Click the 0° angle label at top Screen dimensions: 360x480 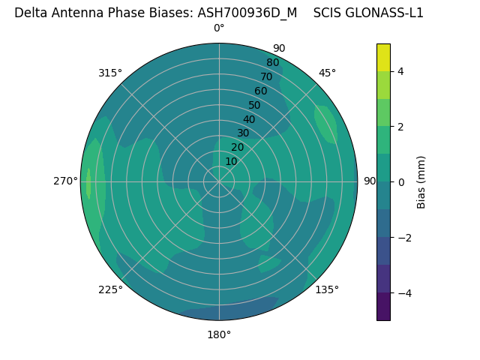[219, 28]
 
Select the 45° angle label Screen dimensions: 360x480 [327, 73]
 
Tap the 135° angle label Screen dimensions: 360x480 [327, 289]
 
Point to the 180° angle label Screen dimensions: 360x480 [219, 334]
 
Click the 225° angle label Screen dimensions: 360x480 [110, 289]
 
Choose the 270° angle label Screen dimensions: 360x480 [66, 181]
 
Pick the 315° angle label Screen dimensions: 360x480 [110, 73]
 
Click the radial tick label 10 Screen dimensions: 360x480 [231, 161]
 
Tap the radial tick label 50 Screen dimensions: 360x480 [254, 105]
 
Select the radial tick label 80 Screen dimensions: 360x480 [272, 62]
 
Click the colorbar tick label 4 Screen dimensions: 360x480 [400, 71]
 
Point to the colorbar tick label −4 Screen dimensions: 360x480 [403, 292]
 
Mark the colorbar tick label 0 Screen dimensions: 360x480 [400, 181]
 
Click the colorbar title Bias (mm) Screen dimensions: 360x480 [421, 181]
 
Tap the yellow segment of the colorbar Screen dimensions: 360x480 [383, 58]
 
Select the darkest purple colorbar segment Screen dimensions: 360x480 [383, 306]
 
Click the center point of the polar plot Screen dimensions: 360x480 [219, 181]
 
